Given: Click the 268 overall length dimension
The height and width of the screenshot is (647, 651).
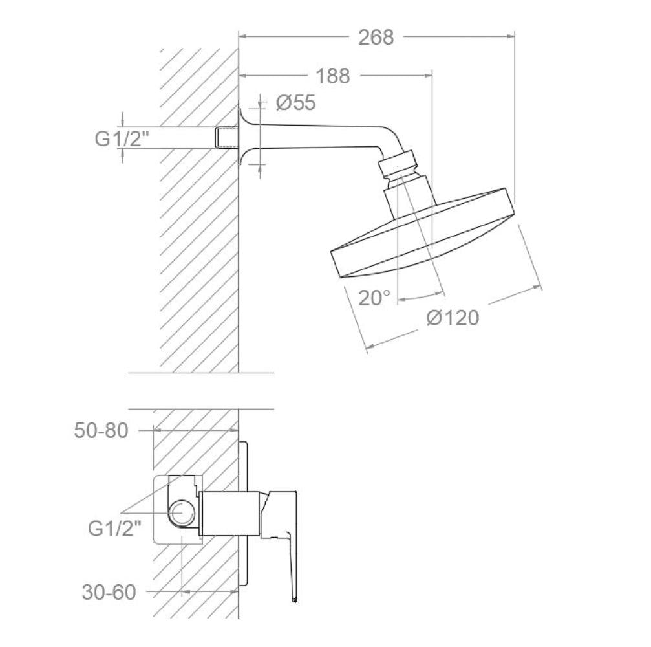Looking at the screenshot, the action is tap(376, 38).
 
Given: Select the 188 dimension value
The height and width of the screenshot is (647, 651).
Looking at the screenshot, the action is tap(333, 76).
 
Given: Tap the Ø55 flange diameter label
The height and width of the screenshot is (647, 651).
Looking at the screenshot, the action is tap(296, 103).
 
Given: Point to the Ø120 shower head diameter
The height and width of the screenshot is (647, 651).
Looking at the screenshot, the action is tap(453, 318).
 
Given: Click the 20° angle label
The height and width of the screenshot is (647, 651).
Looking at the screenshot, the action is tap(374, 298).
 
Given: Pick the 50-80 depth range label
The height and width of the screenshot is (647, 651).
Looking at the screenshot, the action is tap(101, 430).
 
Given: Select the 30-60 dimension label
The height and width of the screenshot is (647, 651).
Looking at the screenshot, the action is tap(109, 592).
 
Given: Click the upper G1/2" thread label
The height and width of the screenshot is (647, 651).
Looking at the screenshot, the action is tap(122, 138).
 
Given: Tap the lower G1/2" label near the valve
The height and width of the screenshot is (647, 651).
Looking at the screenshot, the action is tap(114, 529).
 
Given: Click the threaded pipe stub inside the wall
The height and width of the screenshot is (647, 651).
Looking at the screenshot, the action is tap(227, 138).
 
